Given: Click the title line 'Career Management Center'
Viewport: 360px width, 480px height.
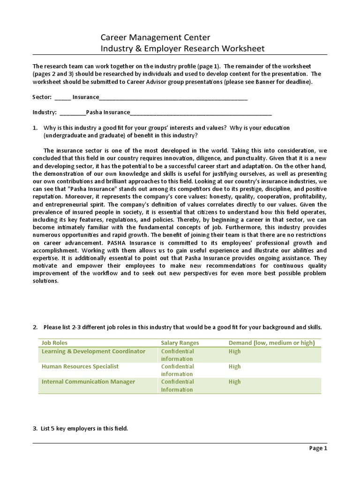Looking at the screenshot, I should tap(156, 37).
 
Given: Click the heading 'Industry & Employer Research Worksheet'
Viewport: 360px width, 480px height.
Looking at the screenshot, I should tap(183, 48).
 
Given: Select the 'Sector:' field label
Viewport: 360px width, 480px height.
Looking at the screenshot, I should tap(42, 97).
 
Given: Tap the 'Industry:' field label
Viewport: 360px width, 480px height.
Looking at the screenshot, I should tap(45, 112).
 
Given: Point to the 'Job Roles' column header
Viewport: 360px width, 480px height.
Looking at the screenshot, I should tap(55, 343).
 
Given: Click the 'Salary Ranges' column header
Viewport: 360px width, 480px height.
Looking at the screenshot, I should tap(180, 343).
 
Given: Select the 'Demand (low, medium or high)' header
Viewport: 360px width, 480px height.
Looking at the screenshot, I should tap(271, 343).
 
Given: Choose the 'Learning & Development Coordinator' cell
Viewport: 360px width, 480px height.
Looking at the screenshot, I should tap(93, 351).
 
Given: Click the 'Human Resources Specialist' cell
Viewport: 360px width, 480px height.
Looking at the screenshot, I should tap(80, 367).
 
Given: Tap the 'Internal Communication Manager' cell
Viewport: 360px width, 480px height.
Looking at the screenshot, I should tap(88, 382).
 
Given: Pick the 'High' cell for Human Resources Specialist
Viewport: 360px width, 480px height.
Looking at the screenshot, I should tap(234, 367).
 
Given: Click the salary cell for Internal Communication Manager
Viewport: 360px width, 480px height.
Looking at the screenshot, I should tap(177, 385).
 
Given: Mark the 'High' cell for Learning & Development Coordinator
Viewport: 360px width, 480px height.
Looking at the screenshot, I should tap(234, 351).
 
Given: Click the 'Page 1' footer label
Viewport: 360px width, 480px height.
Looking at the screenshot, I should tap(318, 449).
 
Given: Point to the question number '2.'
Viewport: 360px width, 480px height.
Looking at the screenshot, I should tap(35, 327).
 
